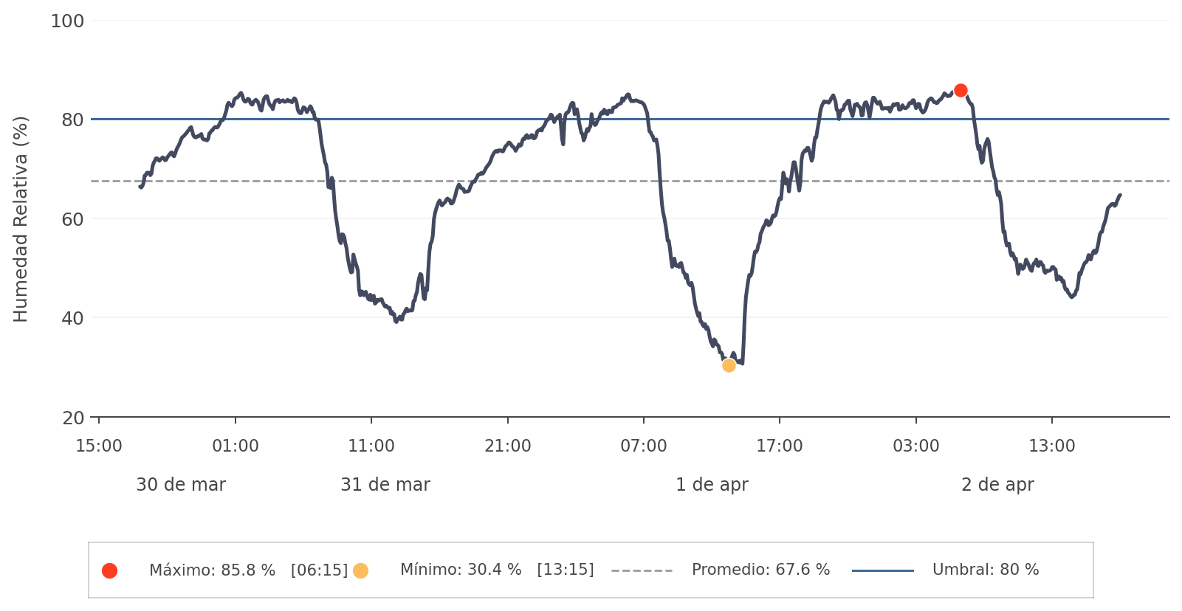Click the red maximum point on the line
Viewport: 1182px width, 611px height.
[961, 91]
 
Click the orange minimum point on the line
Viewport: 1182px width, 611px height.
[729, 365]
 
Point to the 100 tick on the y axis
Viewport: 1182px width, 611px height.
[67, 21]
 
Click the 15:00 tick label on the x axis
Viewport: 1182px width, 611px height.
[99, 446]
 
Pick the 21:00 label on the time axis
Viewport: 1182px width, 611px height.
[507, 446]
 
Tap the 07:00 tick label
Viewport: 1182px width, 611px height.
[643, 446]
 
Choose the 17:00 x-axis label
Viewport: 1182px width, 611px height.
[779, 446]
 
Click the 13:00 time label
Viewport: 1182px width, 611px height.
[1051, 446]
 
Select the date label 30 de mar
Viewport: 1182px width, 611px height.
[181, 485]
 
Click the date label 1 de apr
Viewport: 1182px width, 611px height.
[712, 485]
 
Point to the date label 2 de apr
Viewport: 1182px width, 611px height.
[997, 485]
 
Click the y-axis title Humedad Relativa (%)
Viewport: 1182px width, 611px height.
[21, 219]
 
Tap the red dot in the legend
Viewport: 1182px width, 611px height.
[109, 570]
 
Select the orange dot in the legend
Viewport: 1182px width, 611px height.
[360, 570]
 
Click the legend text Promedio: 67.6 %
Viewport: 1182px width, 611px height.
[760, 570]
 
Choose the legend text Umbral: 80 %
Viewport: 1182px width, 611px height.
[986, 570]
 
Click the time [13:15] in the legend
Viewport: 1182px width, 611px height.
[565, 570]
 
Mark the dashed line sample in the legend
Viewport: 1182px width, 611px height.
[642, 570]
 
